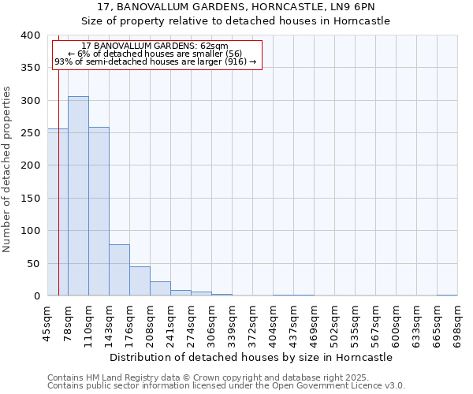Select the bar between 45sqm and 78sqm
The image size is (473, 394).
tap(53, 212)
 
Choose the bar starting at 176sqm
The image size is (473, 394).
tap(140, 281)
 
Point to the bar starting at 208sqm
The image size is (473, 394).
tap(160, 288)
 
